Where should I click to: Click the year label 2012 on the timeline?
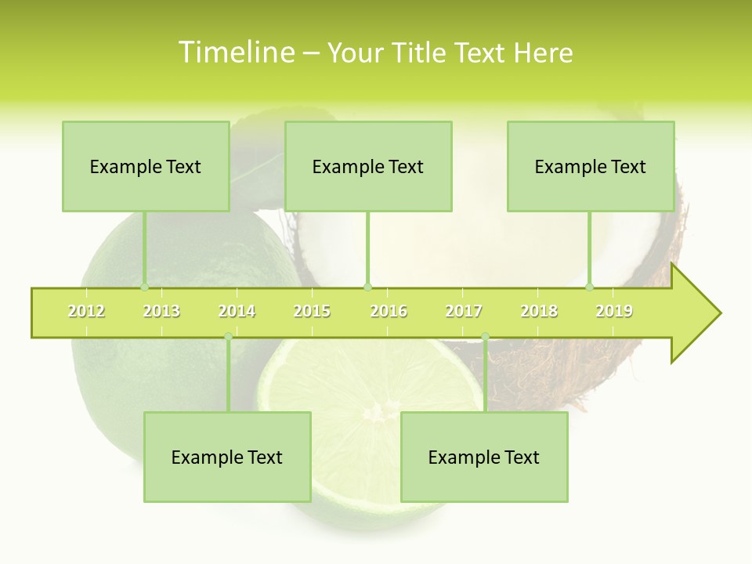tap(86, 312)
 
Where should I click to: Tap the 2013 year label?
tap(161, 312)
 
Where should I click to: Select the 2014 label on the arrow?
tap(237, 312)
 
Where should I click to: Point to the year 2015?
tap(312, 312)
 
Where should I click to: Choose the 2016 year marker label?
tap(389, 312)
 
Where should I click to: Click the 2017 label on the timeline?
tap(464, 312)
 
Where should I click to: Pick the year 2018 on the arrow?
tap(539, 312)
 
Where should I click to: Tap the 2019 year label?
tap(614, 312)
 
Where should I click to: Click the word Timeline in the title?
tap(236, 52)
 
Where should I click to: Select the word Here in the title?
tap(543, 52)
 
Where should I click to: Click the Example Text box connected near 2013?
tap(146, 166)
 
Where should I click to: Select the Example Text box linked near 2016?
tap(368, 166)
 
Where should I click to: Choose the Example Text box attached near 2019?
tap(591, 166)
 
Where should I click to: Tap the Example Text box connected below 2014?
tap(227, 457)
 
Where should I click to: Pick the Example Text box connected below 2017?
tap(484, 457)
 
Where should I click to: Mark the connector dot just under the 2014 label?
tap(228, 337)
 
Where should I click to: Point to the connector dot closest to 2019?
tap(590, 287)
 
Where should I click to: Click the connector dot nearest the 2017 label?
tap(485, 337)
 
